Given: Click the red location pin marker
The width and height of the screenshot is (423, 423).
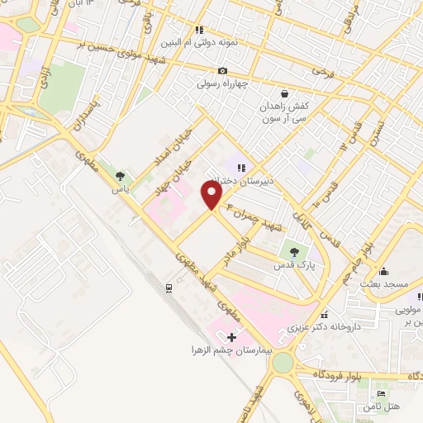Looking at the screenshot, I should (213, 195).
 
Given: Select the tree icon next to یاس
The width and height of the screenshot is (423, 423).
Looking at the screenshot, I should (121, 176).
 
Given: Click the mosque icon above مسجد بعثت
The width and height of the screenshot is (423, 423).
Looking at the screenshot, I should (383, 272).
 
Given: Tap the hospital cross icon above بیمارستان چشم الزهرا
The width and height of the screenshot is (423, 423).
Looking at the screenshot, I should (231, 337).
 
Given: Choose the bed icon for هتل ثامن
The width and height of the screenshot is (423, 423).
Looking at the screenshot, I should (380, 394).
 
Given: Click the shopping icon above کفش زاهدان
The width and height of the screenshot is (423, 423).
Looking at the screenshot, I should (284, 94).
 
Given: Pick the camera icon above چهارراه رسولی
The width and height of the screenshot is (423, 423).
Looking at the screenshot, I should (222, 72).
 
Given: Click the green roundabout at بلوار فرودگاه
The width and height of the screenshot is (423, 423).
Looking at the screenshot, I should (283, 362).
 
